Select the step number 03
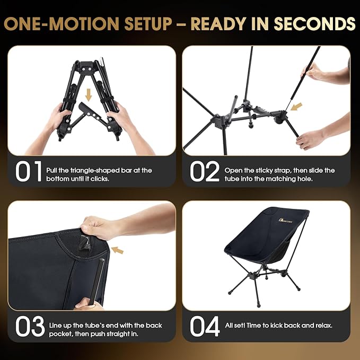tap(29, 327)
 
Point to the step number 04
tap(205, 327)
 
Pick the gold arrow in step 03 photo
tap(117, 250)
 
